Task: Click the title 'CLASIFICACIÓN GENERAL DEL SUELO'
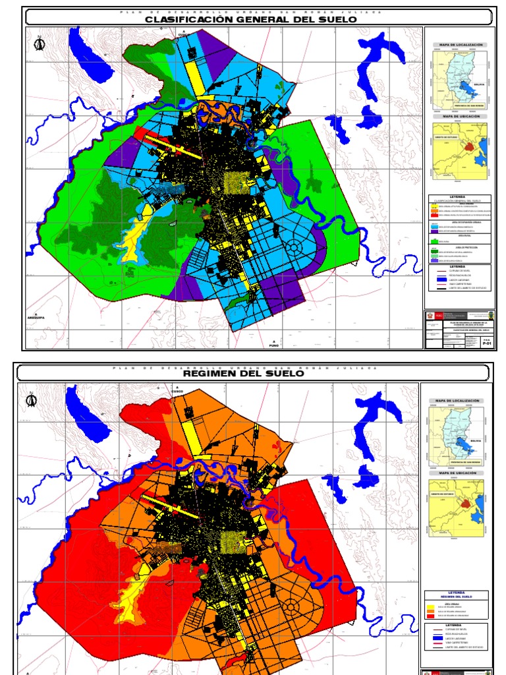(x=250, y=20)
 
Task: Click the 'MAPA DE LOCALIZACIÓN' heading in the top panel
(x=458, y=45)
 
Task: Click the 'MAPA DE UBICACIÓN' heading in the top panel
(x=458, y=117)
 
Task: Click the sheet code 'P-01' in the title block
(x=487, y=343)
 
